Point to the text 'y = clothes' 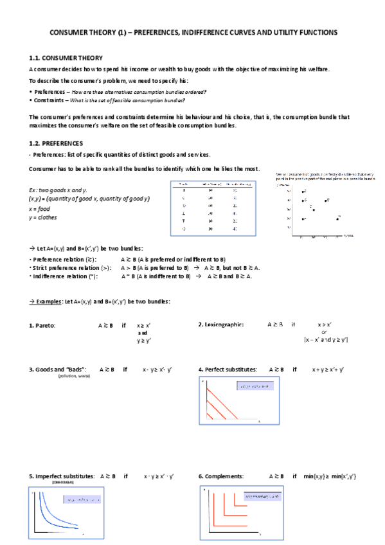click(x=44, y=217)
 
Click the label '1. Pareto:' click(x=42, y=326)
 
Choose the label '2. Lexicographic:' click(x=221, y=325)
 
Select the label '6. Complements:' click(x=220, y=476)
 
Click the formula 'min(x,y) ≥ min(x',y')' click(x=330, y=476)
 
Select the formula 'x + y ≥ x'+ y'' click(x=328, y=370)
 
